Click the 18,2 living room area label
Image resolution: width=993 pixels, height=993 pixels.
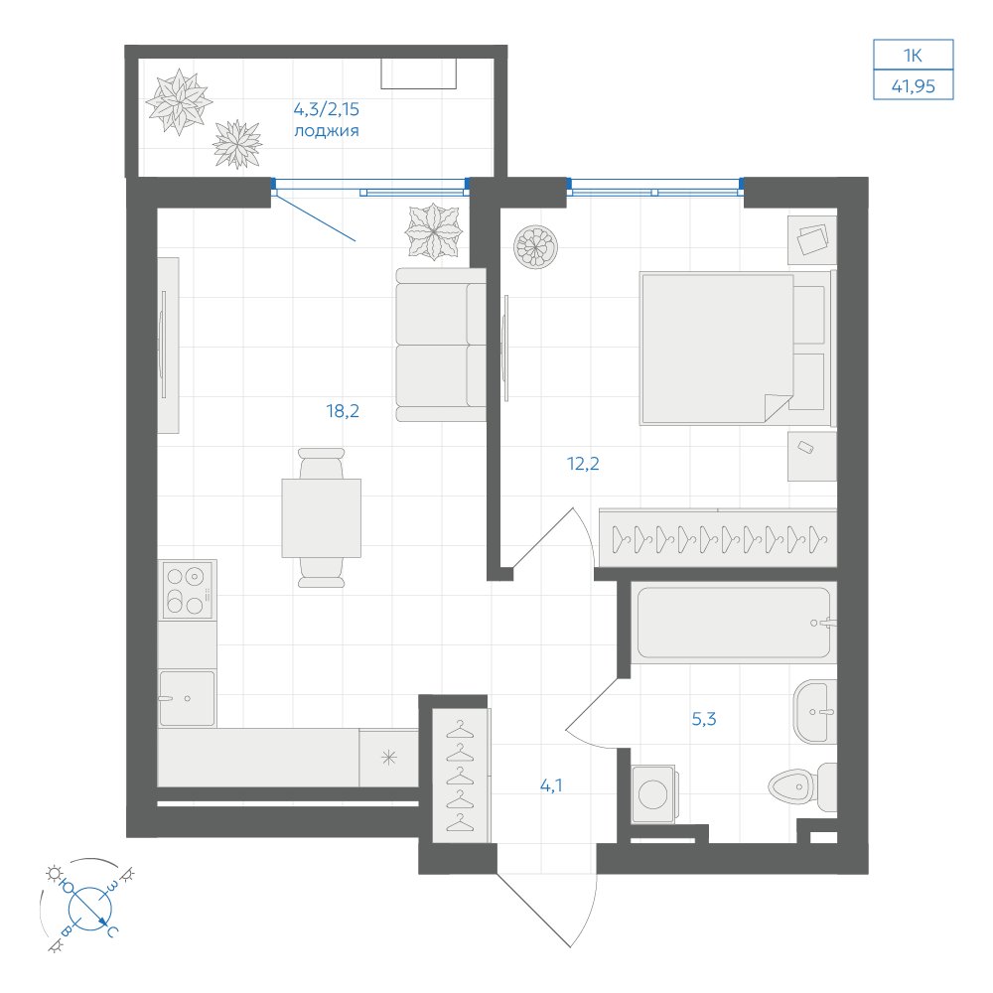(x=343, y=412)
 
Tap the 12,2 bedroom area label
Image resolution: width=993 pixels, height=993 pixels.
(x=583, y=464)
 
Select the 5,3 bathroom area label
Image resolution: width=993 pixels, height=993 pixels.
(x=704, y=719)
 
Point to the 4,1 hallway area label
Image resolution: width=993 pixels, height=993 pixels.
(x=551, y=785)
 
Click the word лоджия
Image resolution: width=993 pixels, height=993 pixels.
(x=326, y=131)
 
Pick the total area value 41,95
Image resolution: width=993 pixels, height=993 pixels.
(x=914, y=86)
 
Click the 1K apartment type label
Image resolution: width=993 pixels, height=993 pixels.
(x=913, y=56)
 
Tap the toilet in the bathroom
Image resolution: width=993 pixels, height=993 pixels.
(x=802, y=787)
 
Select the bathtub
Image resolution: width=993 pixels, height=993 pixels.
(x=734, y=623)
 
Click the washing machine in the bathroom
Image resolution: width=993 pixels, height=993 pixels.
(x=654, y=793)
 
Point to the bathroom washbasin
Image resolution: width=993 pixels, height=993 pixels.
(x=815, y=711)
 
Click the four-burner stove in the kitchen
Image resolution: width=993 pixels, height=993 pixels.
(x=187, y=589)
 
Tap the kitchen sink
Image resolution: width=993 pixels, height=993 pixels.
(x=187, y=698)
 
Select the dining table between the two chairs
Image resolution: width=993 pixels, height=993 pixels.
(x=321, y=518)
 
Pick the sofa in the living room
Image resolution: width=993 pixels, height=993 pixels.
(x=441, y=345)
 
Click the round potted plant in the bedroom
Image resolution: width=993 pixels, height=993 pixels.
(x=536, y=246)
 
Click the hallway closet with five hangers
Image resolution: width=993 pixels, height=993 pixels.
(x=461, y=776)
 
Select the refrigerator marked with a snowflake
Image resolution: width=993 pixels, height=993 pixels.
(x=389, y=758)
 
